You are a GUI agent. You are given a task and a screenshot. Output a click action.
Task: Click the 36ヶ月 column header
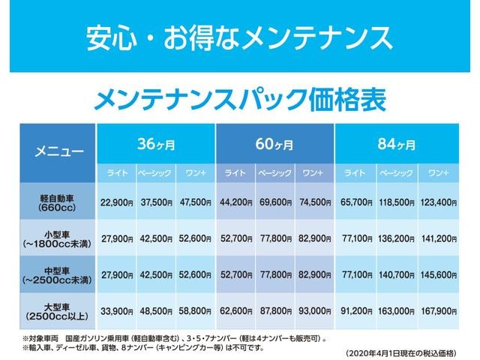(156, 144)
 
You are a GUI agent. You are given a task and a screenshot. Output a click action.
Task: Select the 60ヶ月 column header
(274, 144)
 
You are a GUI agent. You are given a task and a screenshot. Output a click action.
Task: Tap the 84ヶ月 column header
(397, 144)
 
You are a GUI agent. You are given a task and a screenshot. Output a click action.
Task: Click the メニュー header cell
(58, 153)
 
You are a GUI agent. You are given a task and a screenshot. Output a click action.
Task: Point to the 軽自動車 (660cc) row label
(58, 202)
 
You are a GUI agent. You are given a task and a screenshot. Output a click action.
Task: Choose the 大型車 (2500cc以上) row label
(58, 311)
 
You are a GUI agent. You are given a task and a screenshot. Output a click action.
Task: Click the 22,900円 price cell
(117, 202)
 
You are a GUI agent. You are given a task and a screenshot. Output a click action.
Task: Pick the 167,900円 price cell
(438, 311)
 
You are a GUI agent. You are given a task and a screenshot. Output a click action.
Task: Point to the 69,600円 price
(275, 202)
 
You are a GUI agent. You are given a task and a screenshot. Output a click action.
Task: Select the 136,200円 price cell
(397, 238)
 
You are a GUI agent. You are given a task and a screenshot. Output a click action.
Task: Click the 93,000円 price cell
(315, 311)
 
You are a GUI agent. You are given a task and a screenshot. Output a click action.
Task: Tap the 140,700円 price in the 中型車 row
(397, 275)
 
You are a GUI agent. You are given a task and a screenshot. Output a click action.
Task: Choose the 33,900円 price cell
(117, 311)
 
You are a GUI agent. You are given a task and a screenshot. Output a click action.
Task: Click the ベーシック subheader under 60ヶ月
(275, 173)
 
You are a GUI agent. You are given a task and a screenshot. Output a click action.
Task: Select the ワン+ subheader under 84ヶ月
(438, 173)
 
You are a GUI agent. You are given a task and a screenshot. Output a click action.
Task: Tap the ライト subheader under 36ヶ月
(117, 173)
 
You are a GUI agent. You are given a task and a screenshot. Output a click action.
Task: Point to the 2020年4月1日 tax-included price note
(401, 352)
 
